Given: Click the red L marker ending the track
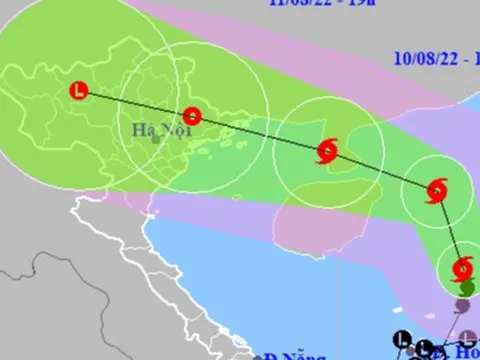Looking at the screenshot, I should click(78, 91).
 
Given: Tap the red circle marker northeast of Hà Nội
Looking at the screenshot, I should click(191, 115).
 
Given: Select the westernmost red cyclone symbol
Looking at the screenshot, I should click(326, 153).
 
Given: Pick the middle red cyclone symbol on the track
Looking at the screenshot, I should click(437, 190).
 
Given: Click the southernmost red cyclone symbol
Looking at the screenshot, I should click(462, 268).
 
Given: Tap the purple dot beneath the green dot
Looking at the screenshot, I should click(463, 304).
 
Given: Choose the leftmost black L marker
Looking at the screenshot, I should click(403, 338).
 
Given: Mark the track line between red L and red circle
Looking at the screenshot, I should click(135, 103).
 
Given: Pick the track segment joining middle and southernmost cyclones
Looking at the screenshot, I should click(450, 229).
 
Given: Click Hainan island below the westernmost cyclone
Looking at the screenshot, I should click(320, 215).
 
